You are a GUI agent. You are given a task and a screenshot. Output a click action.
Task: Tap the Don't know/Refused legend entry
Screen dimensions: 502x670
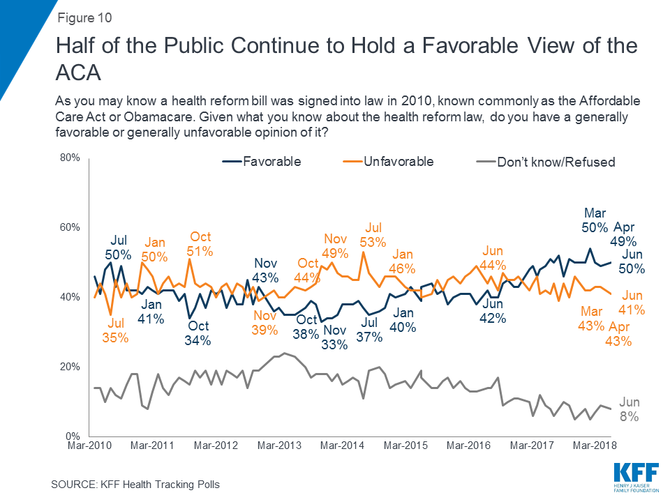(x=544, y=162)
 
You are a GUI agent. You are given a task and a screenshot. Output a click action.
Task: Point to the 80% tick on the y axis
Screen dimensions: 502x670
(x=73, y=158)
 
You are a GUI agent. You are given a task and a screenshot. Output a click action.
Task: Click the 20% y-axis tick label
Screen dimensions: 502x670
(x=73, y=367)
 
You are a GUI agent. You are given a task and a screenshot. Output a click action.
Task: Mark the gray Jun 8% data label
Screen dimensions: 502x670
(x=629, y=410)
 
